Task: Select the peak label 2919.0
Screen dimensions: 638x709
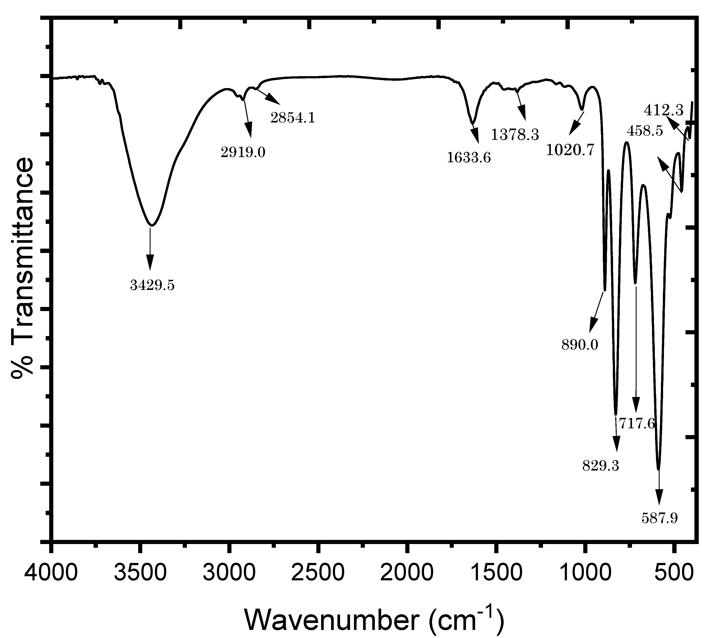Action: [243, 152]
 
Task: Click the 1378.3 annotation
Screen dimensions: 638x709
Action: [515, 135]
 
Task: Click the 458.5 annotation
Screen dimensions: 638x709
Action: [645, 131]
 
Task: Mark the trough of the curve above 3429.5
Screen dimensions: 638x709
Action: [151, 225]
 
